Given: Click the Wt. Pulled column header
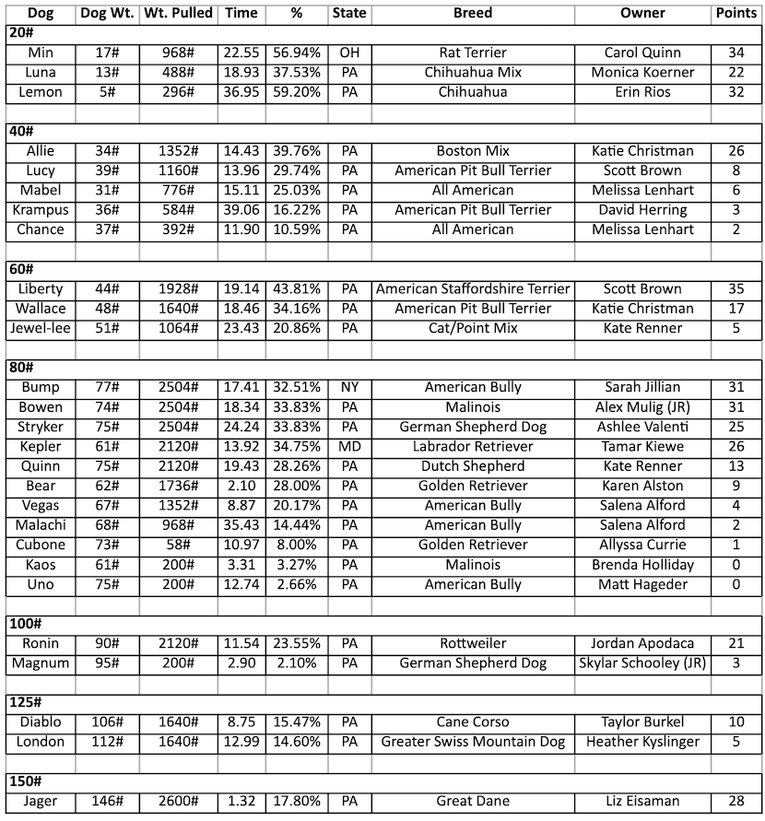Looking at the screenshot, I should [x=178, y=14].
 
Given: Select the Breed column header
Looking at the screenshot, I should [x=473, y=14].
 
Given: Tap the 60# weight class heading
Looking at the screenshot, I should [x=21, y=269].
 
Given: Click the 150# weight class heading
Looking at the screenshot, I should [x=25, y=781].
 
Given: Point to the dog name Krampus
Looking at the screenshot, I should [x=41, y=210].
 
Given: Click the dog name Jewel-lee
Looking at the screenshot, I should [x=41, y=328].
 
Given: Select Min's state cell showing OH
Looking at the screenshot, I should [x=349, y=53].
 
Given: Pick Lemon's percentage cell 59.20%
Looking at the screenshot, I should [x=296, y=92].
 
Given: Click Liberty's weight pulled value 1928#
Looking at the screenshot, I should [x=178, y=289].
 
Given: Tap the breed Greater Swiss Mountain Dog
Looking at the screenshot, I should [x=473, y=742].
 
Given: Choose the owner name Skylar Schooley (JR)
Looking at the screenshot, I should [x=641, y=663].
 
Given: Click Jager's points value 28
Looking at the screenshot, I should [x=737, y=802].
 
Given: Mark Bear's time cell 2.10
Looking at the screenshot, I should [x=241, y=486].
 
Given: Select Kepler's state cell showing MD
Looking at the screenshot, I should [x=349, y=447].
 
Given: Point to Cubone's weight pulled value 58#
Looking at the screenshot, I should [x=178, y=545].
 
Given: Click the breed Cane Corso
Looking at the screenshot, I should [x=473, y=722].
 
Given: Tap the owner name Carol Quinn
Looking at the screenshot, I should [x=641, y=53].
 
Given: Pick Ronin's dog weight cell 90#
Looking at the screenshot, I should [x=108, y=644].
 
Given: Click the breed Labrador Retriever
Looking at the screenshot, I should [x=473, y=447].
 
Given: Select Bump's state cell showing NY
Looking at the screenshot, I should [x=349, y=388].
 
